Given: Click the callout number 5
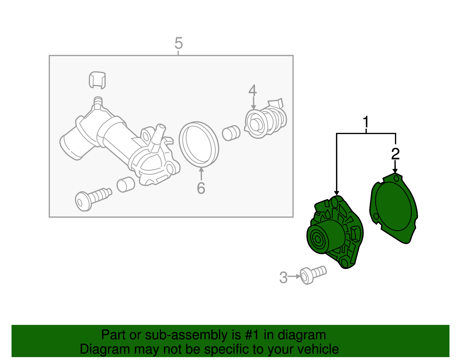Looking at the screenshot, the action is [179, 44].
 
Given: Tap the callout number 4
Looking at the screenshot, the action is [253, 91].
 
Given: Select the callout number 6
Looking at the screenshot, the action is [201, 188].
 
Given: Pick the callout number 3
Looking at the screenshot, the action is [284, 278].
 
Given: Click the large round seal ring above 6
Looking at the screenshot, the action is [199, 144].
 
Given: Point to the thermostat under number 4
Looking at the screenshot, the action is [265, 121].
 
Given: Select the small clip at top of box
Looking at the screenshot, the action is [97, 79].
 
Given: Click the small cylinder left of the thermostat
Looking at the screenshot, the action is [231, 133].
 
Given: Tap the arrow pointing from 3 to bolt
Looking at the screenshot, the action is [294, 276].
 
